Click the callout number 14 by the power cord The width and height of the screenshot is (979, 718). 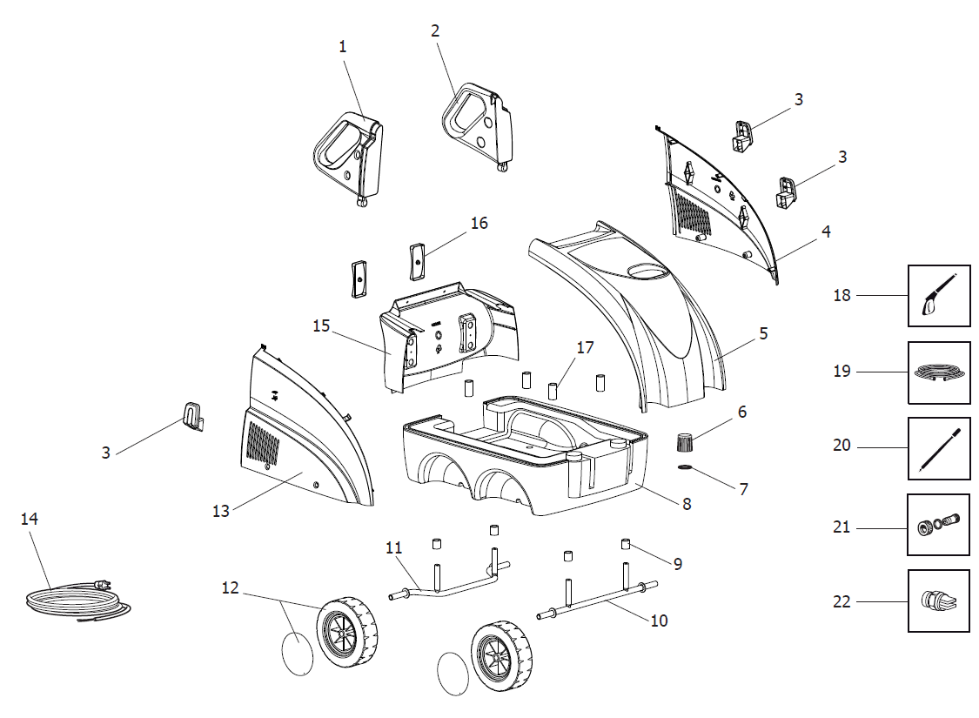tap(30, 519)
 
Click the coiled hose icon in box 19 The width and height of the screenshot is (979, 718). tap(938, 372)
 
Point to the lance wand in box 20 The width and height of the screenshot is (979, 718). tap(938, 447)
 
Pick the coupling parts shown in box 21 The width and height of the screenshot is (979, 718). tap(938, 525)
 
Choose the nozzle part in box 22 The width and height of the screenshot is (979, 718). tap(938, 601)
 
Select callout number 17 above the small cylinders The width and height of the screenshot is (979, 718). tap(585, 347)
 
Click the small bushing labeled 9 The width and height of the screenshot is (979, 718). tap(625, 545)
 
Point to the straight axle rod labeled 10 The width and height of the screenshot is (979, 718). tap(600, 601)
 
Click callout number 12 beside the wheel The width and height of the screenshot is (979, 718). tap(230, 587)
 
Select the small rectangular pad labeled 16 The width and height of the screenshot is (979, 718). tap(416, 258)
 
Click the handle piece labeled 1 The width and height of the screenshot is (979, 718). tap(348, 157)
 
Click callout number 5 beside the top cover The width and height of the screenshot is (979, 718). tap(762, 333)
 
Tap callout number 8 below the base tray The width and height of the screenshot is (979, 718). tap(687, 503)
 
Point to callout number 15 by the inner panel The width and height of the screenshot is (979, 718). tap(321, 325)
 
